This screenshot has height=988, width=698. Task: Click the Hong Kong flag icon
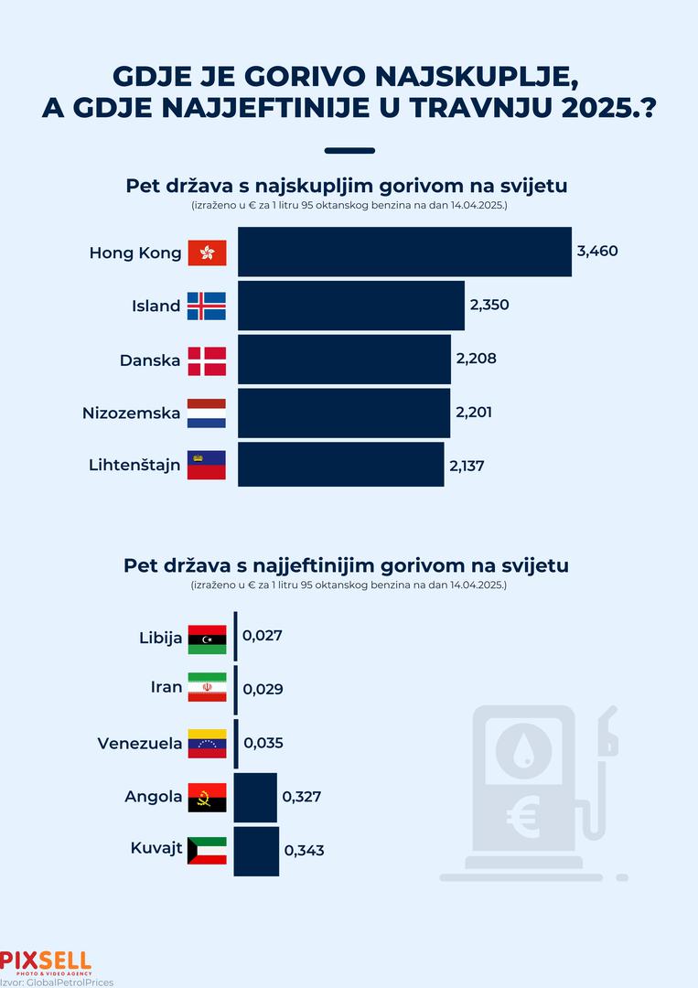(207, 252)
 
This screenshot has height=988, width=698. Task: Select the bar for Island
(351, 306)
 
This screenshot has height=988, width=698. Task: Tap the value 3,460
(597, 251)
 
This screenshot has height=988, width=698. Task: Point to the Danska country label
(150, 360)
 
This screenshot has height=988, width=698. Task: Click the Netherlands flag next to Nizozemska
(207, 413)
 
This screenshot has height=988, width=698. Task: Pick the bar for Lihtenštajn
(340, 465)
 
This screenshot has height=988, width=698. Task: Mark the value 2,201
(474, 413)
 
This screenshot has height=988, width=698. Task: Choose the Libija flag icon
(207, 639)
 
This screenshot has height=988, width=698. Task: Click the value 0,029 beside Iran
(263, 688)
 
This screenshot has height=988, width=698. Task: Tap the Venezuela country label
(140, 743)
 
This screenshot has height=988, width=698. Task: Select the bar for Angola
(255, 797)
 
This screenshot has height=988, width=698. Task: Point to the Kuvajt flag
(207, 851)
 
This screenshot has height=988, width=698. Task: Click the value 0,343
(304, 851)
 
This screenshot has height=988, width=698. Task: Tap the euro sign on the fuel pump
(524, 818)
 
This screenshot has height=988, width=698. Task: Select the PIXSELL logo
(46, 961)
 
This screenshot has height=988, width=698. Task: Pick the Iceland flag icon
(207, 306)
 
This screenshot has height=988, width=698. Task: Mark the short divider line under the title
(349, 151)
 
